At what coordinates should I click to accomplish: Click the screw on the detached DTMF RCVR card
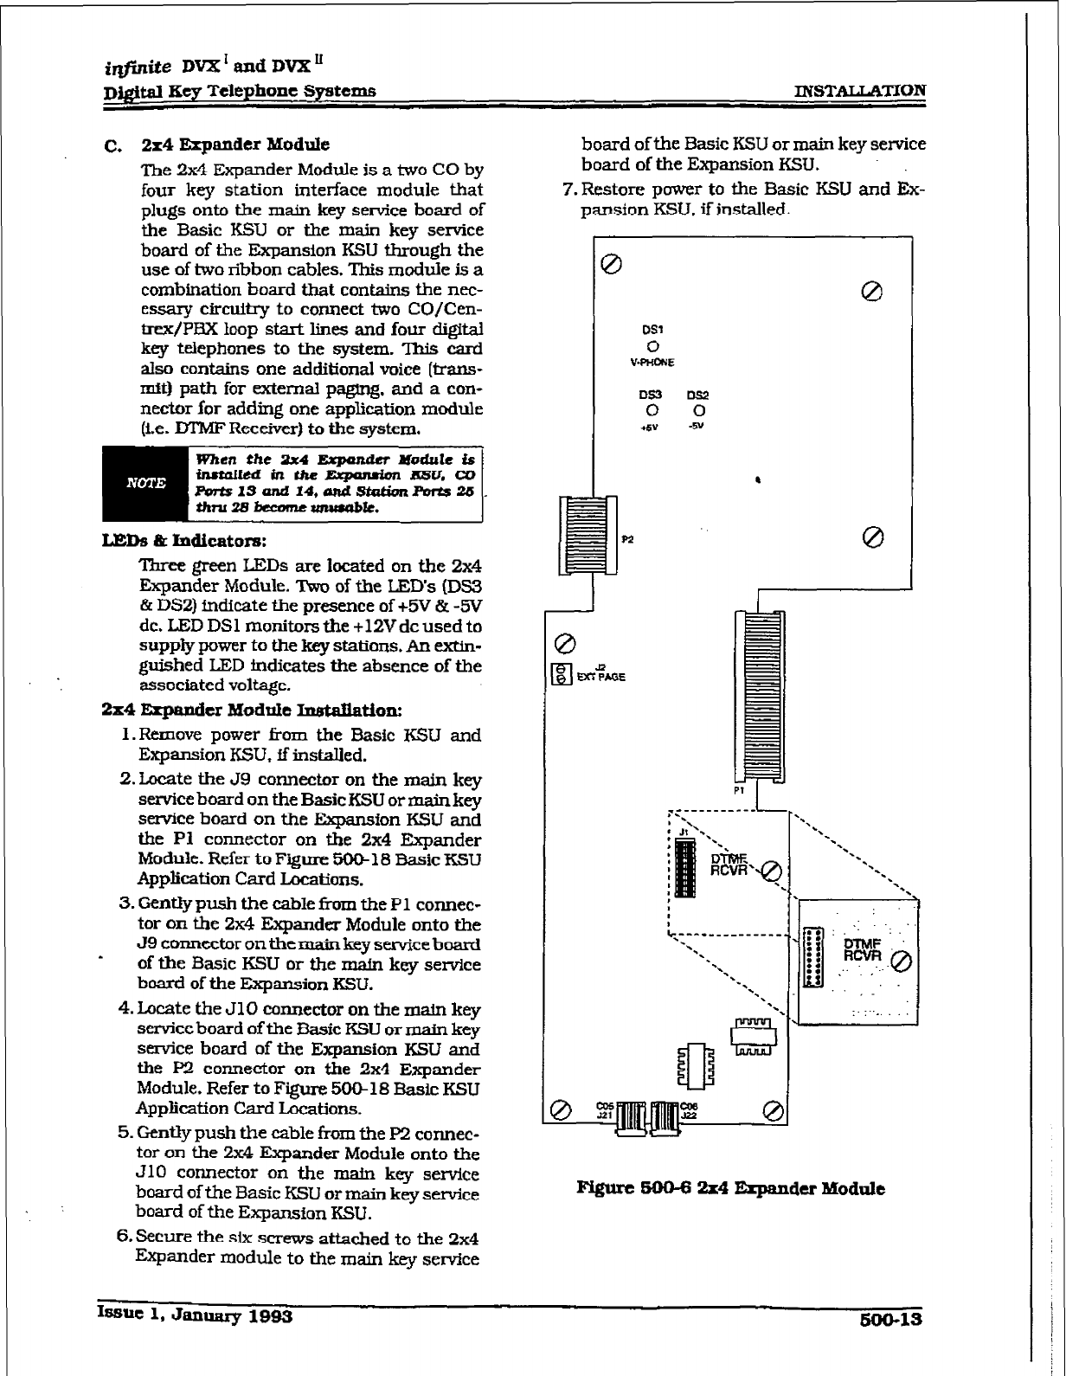point(900,961)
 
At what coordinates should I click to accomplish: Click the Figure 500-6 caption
point(730,1188)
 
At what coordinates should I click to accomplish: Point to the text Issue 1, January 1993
point(196,1316)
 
